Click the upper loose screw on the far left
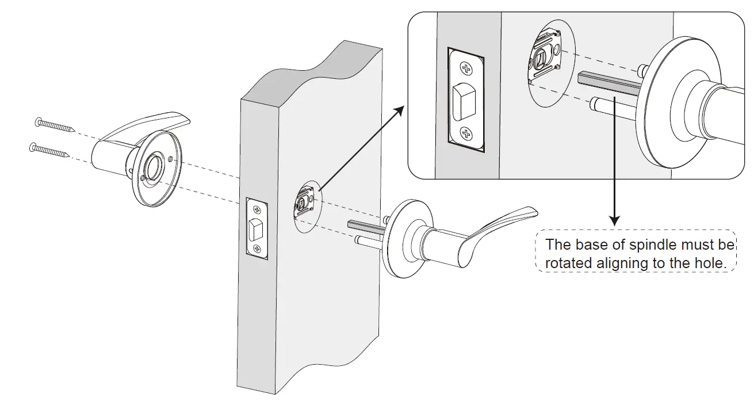coord(55,125)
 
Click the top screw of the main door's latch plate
coord(255,208)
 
